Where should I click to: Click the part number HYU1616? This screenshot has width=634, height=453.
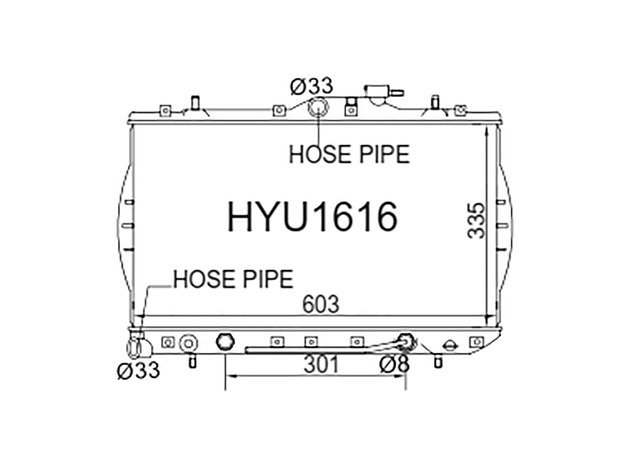coord(312,217)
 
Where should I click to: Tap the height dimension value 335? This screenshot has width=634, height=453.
coord(476,221)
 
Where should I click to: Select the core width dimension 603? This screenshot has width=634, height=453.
coord(320,305)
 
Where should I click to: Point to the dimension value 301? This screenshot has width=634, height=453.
coord(321,365)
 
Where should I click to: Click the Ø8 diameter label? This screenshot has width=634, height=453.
coord(394,364)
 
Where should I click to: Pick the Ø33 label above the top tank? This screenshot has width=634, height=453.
coord(312,86)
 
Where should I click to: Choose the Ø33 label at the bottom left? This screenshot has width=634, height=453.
coord(138,371)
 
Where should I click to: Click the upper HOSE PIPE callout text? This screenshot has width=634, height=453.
coord(349,154)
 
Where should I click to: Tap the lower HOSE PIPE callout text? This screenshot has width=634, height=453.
coord(233,279)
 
